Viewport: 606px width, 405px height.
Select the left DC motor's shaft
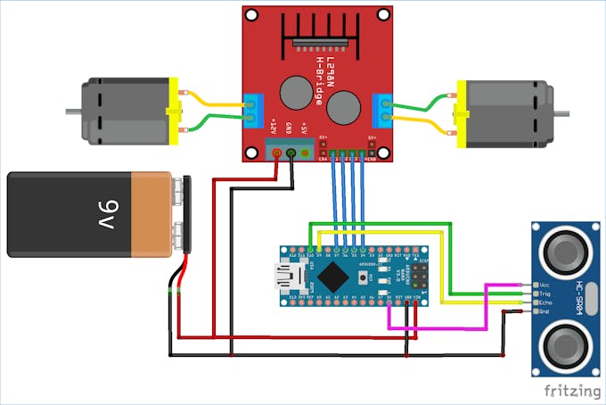coord(72,112)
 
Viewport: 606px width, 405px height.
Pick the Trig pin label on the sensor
coord(544,293)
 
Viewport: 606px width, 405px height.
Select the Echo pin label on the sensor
coord(544,302)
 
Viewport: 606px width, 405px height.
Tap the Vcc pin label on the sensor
coord(544,285)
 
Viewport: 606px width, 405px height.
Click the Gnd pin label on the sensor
coord(544,312)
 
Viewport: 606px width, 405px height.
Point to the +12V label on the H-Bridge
coord(275,127)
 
